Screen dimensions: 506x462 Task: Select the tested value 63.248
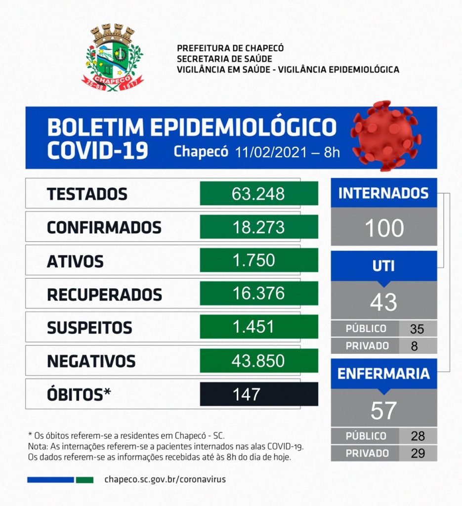click(258, 194)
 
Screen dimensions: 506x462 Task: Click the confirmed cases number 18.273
click(258, 227)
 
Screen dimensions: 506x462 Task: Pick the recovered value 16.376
click(258, 294)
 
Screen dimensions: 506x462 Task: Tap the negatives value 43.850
click(258, 360)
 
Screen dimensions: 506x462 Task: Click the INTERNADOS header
click(383, 193)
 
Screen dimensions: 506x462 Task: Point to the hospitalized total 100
click(384, 228)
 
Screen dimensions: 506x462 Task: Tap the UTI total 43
click(383, 302)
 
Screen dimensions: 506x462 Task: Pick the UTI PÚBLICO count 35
click(417, 329)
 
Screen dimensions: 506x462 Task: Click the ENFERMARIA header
click(383, 374)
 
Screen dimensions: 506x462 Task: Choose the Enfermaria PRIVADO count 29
click(418, 453)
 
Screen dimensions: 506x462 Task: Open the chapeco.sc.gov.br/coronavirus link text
click(166, 479)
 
